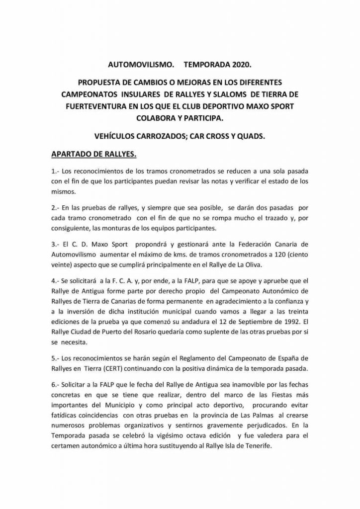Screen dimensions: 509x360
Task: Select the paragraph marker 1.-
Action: coord(56,171)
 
